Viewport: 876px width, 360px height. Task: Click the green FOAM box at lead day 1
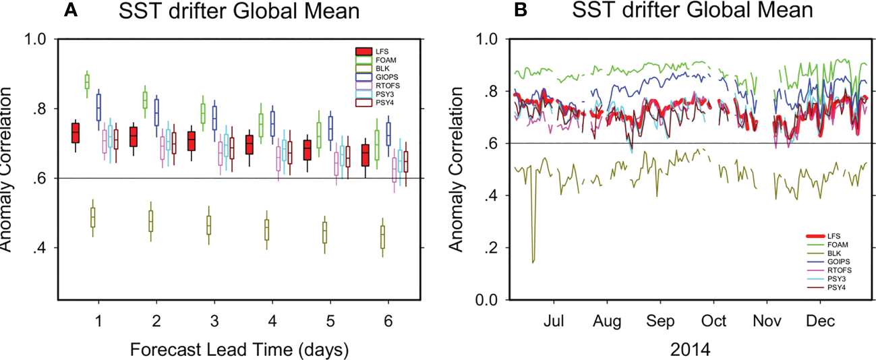coord(87,82)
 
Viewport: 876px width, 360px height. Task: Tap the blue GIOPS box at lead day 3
coord(215,119)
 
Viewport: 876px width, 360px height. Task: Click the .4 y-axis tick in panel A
coord(39,248)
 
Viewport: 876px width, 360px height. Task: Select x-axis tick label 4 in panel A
coord(272,319)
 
